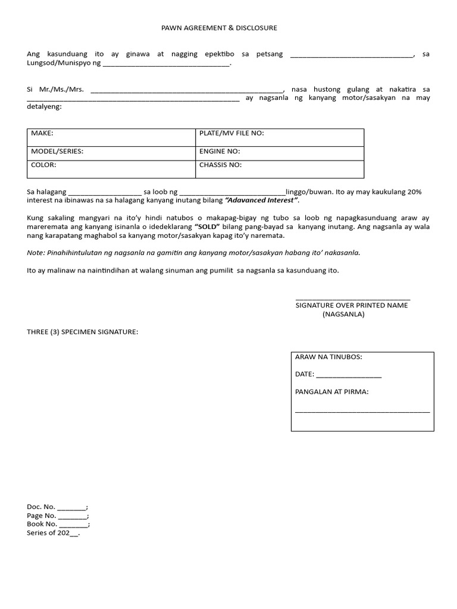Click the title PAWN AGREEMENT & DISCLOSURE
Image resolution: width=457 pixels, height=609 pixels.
[220, 28]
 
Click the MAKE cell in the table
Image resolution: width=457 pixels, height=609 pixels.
[111, 137]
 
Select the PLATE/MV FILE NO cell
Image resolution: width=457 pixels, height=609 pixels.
[280, 137]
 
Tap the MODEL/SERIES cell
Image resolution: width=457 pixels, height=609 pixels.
[111, 153]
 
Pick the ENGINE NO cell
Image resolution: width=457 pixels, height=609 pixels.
[280, 153]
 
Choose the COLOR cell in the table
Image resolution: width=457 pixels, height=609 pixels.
[111, 169]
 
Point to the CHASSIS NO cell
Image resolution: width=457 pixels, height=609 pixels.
[280, 169]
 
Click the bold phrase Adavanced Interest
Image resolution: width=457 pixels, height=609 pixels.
[261, 200]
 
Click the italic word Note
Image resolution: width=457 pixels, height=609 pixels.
[36, 253]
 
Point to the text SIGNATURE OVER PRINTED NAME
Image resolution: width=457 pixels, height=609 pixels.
[352, 305]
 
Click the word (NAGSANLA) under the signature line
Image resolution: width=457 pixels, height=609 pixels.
[343, 314]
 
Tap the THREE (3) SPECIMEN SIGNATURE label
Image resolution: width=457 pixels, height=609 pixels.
[82, 331]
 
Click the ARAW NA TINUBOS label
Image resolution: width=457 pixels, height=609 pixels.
[328, 357]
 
